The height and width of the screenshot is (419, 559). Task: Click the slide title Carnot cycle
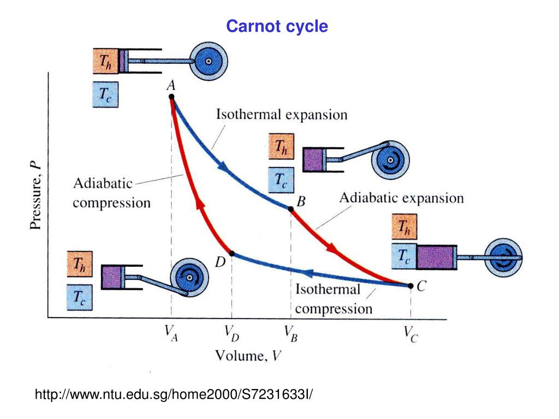click(277, 26)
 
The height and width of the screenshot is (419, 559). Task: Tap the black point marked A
click(171, 97)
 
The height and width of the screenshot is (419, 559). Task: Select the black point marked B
click(291, 209)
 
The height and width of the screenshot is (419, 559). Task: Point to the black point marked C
click(410, 285)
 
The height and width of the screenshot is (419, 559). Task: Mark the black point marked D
click(232, 253)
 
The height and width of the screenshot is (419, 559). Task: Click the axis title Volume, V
click(248, 357)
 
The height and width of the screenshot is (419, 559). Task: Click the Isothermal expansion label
click(282, 115)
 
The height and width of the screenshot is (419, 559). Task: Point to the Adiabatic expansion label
click(402, 197)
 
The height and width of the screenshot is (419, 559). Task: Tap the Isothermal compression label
click(333, 298)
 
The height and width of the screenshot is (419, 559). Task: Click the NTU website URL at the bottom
click(175, 394)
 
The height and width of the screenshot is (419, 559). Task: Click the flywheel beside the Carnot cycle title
click(207, 61)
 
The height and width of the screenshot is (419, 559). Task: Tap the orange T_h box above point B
click(281, 146)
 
